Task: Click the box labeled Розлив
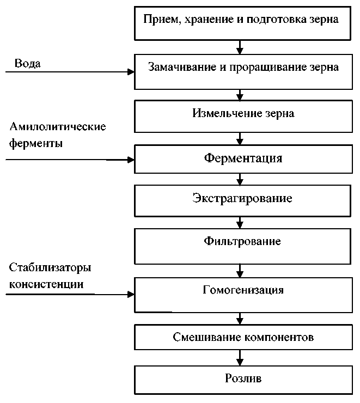[243, 380]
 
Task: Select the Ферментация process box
[243, 159]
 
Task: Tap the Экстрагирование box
[242, 201]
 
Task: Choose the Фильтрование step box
[242, 246]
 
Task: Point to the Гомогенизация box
[243, 295]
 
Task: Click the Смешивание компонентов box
[243, 337]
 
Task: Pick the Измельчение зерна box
[243, 116]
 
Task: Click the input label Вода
[27, 63]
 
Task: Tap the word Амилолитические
[58, 126]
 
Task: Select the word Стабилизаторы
[50, 267]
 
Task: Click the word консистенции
[46, 284]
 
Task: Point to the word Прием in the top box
[161, 20]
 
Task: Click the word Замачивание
[182, 67]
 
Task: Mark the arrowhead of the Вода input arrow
[131, 72]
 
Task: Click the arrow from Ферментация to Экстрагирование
[240, 179]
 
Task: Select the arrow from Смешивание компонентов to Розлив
[240, 358]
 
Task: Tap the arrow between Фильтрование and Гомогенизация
[240, 271]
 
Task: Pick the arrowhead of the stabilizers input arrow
[131, 294]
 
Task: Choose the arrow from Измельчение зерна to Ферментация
[240, 138]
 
